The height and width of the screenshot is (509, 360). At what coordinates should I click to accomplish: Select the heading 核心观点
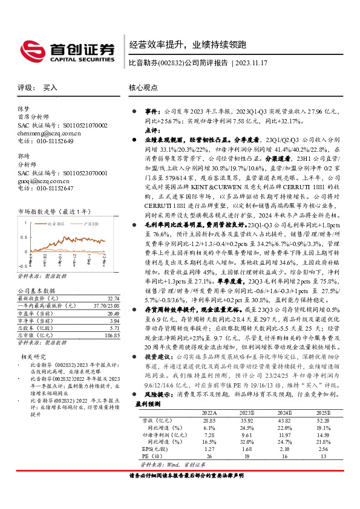(x=143, y=87)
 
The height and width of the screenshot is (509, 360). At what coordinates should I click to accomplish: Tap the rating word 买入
(x=50, y=88)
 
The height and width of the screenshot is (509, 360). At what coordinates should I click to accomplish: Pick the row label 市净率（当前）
(x=35, y=320)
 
